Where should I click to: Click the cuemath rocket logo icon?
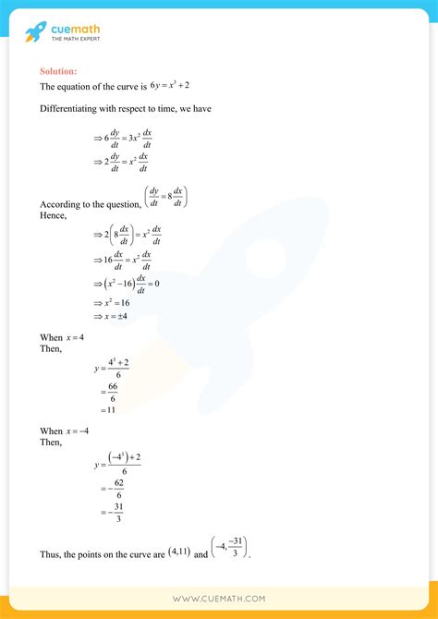click(x=35, y=32)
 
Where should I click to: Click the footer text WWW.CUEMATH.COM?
click(x=218, y=599)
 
